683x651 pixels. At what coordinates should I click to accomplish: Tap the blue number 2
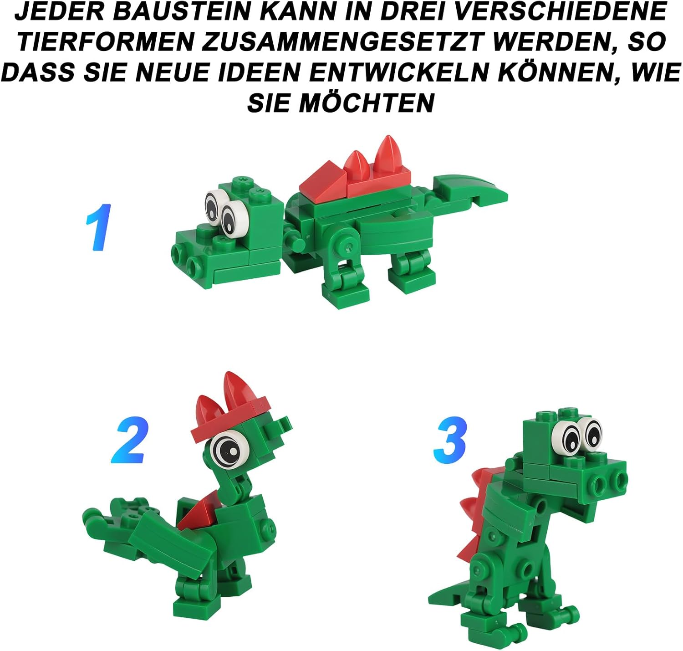coord(130,440)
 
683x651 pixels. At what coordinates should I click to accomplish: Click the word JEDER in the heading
coord(59,12)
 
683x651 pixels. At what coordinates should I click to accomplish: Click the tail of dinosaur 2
coord(114,519)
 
